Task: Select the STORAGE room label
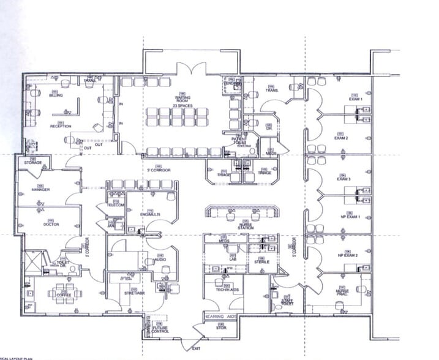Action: (x=33, y=163)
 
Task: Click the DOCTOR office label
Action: (x=50, y=224)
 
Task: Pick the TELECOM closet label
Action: (x=116, y=204)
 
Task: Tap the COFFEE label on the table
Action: (x=63, y=296)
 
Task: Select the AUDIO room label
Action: (x=161, y=258)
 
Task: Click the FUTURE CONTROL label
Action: (x=160, y=330)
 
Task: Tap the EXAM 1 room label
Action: (x=356, y=99)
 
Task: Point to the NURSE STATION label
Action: (x=246, y=225)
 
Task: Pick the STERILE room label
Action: (x=262, y=261)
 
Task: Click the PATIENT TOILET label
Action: (x=238, y=141)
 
